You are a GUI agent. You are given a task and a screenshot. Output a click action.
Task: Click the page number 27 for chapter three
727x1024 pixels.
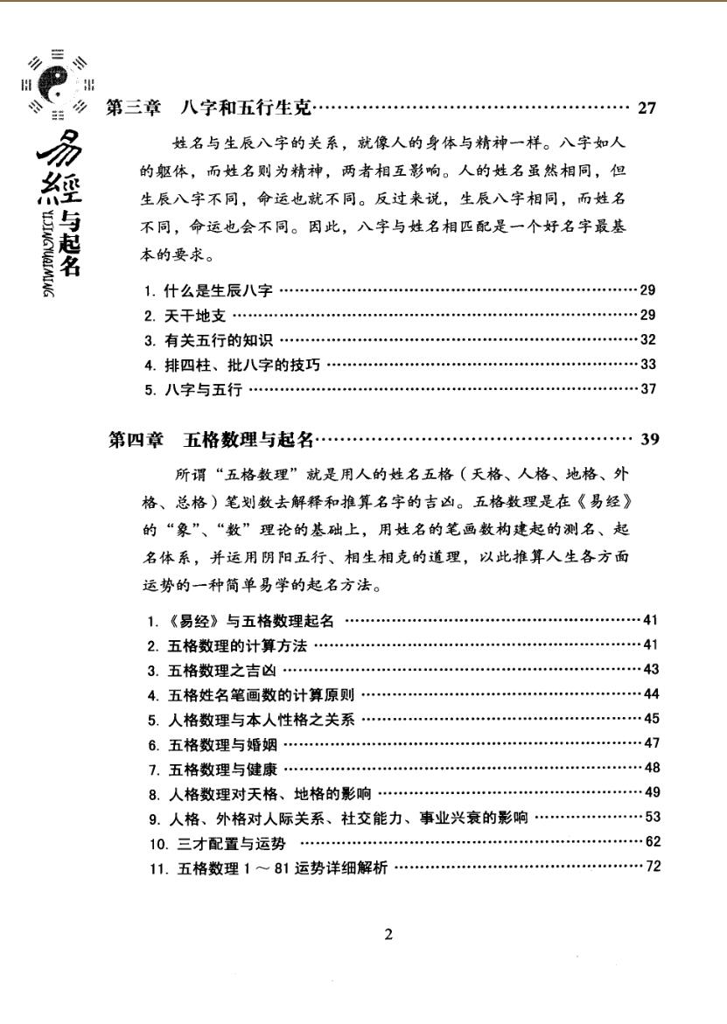pyautogui.click(x=647, y=109)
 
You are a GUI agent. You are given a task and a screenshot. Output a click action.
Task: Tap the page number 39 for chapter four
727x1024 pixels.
pyautogui.click(x=649, y=439)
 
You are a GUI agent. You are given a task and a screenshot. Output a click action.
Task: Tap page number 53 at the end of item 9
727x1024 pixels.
pyautogui.click(x=652, y=819)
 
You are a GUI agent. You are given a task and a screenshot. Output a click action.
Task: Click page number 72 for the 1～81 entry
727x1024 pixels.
pyautogui.click(x=652, y=867)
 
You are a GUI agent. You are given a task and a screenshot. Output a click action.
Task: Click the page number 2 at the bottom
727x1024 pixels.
pyautogui.click(x=388, y=935)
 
